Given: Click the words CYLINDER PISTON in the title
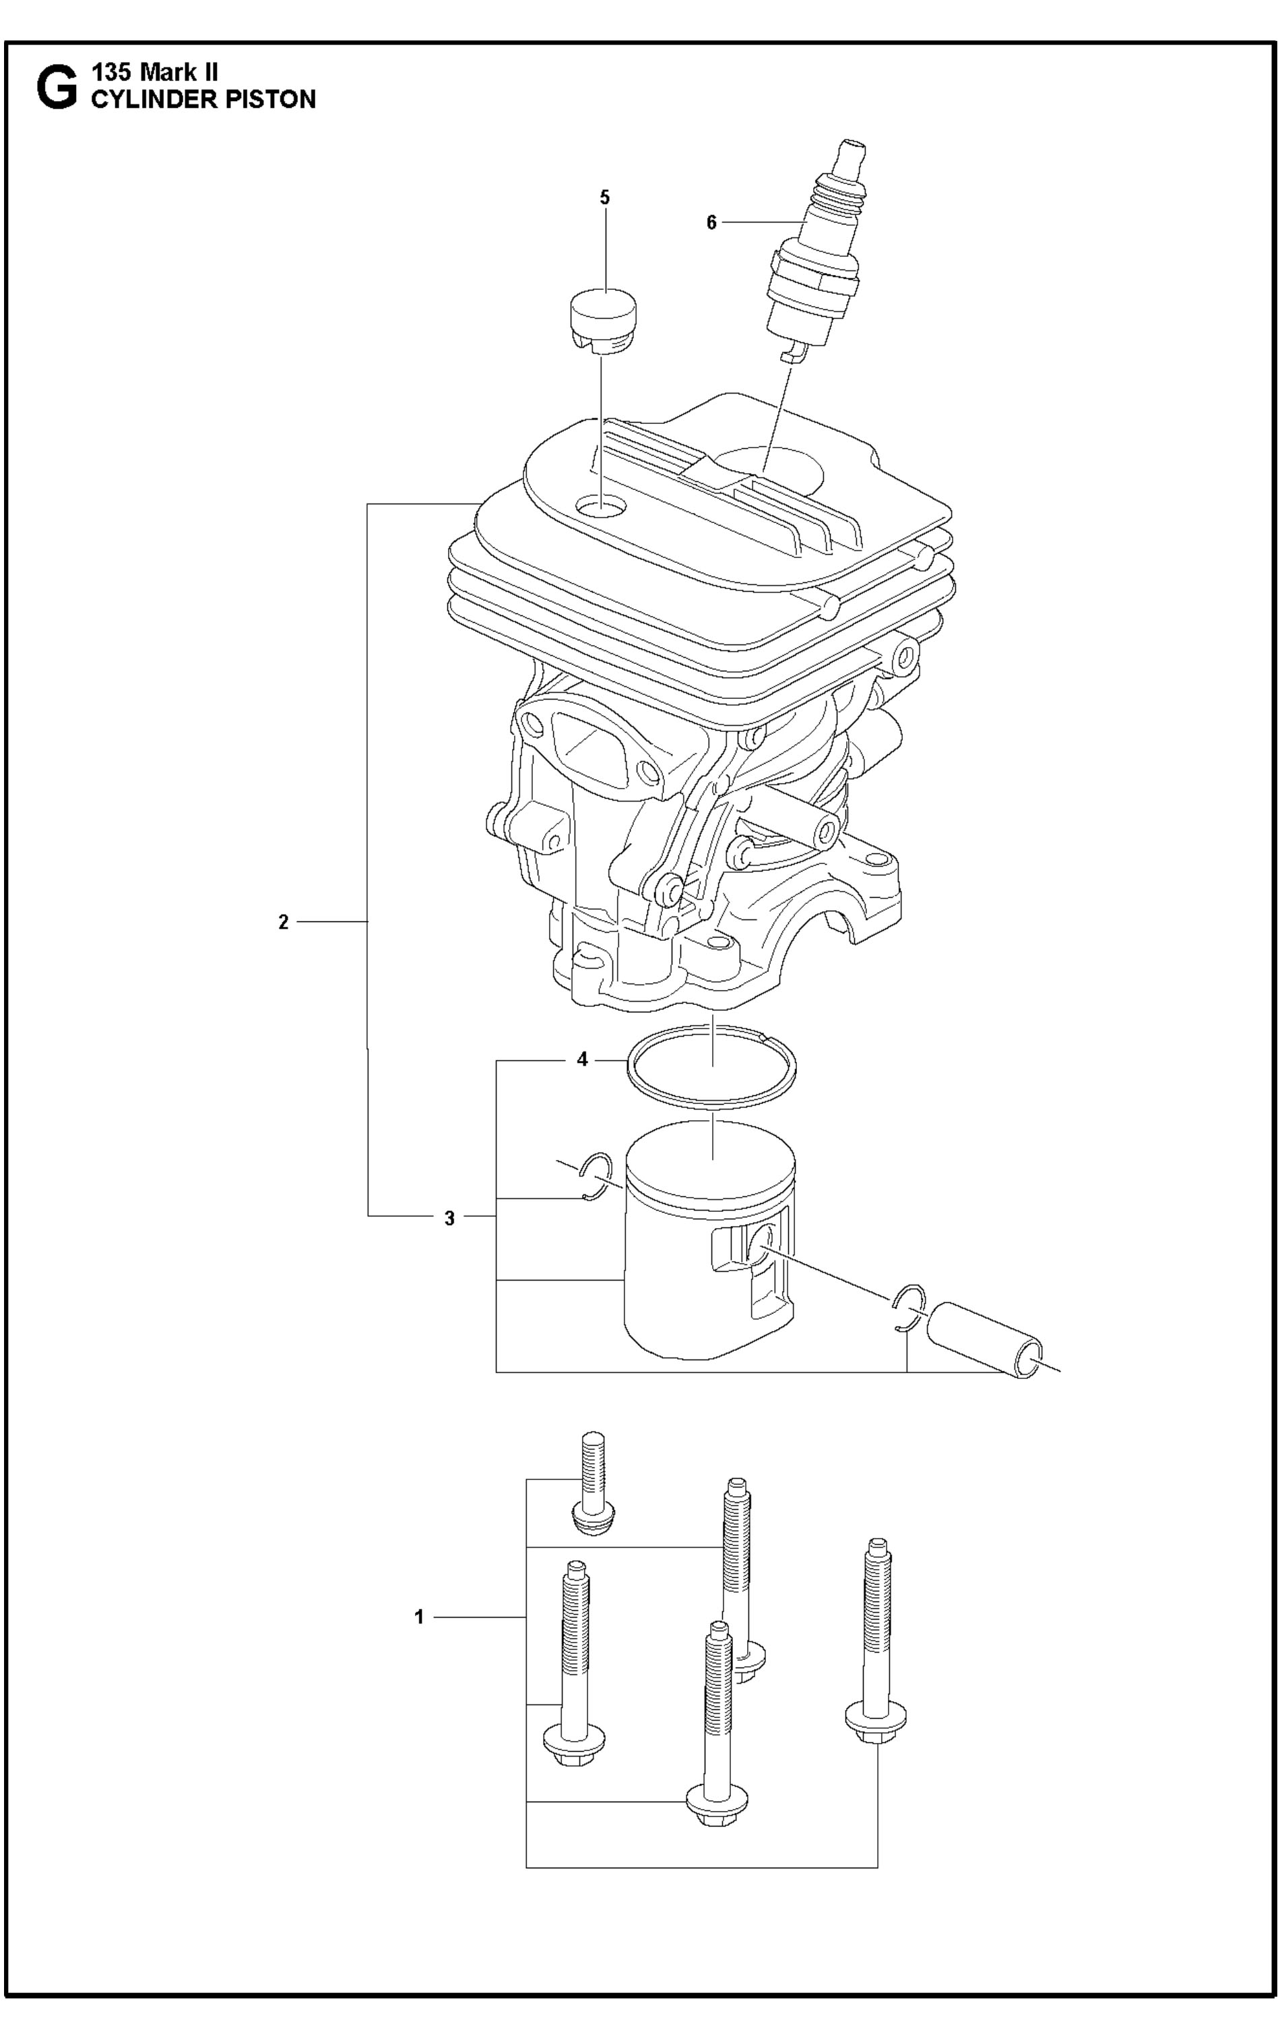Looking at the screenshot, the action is [203, 99].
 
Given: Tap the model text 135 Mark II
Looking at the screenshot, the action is [155, 72].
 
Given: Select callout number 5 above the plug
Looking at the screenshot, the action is [604, 197].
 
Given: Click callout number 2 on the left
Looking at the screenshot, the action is [284, 922].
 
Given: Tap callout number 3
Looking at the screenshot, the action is [450, 1219].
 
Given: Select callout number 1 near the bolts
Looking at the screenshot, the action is [420, 1616].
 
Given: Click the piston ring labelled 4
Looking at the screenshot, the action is [713, 1066].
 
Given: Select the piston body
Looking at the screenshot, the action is [709, 1239].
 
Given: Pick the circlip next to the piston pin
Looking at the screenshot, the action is [908, 1308].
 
